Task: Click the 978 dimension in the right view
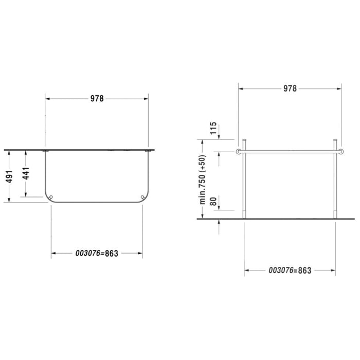[290, 88]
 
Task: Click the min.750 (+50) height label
[203, 179]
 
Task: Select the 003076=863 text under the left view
[97, 254]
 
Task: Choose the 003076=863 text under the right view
[290, 271]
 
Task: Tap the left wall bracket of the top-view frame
[46, 151]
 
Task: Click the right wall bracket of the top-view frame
[148, 151]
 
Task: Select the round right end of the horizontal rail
[341, 151]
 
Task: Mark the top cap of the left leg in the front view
[244, 140]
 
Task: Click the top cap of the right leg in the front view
[335, 140]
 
